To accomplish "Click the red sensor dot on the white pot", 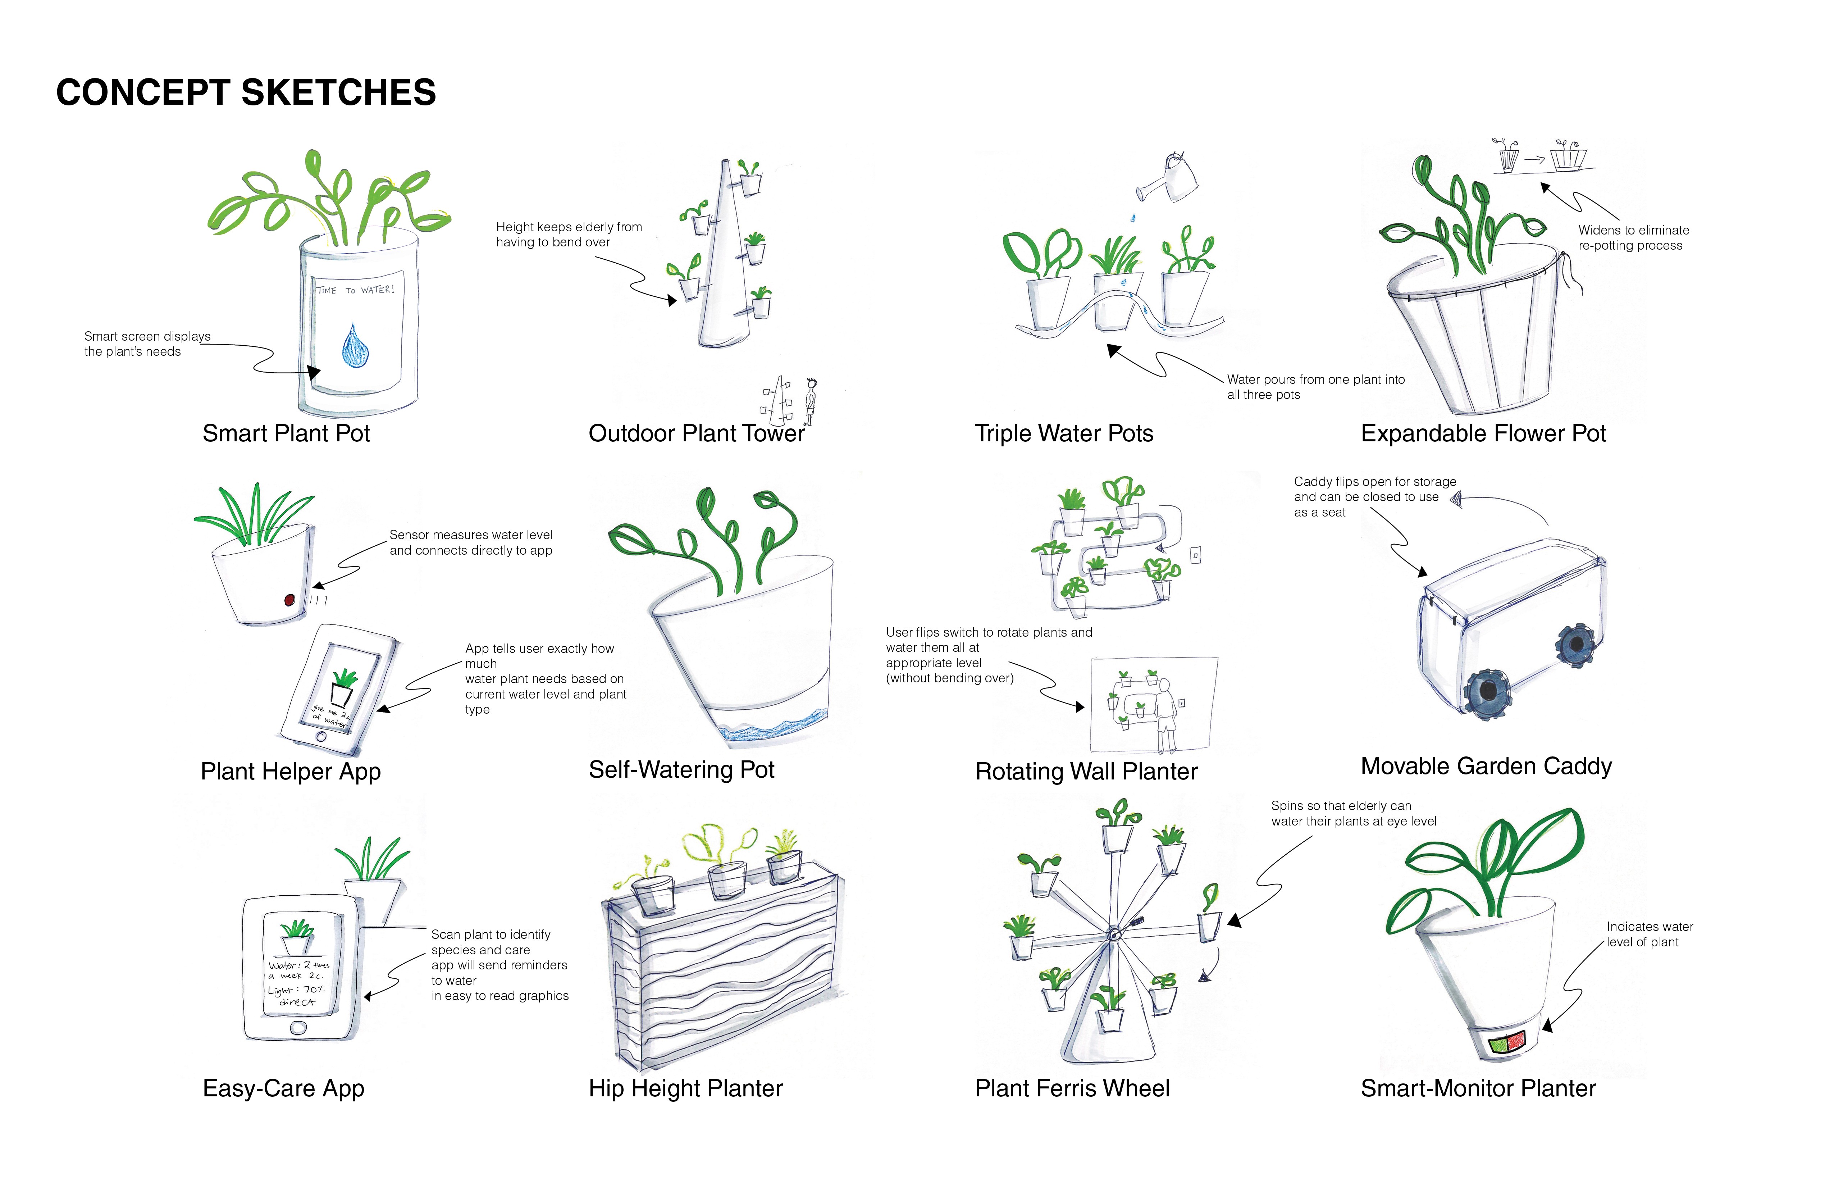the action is tap(290, 600).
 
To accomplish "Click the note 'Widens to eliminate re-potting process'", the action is tap(1633, 237).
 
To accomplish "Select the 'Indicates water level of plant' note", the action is tap(1649, 934).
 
